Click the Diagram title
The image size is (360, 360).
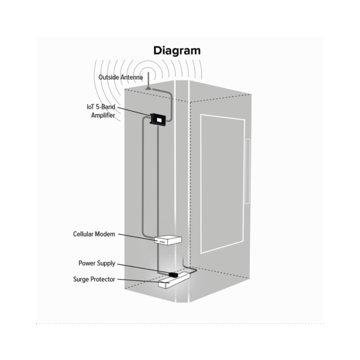coord(177,51)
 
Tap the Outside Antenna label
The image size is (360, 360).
coord(121,77)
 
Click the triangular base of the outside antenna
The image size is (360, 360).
coord(149,88)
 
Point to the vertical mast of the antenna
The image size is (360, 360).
coord(149,79)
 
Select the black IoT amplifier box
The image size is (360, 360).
coord(158,119)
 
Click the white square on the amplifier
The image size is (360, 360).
coord(159,119)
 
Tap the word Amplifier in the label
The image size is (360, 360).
coord(103,115)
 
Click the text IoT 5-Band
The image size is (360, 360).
coord(101,107)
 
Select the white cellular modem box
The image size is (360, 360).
coord(168,240)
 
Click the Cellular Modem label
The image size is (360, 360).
coord(94,234)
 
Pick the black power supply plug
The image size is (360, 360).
coord(173,274)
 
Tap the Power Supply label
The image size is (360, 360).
coord(97,263)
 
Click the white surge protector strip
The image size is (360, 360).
coord(174,280)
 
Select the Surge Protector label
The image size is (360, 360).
coord(94,280)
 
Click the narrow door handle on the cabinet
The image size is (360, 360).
coord(247,171)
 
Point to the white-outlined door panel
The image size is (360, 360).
coord(223,184)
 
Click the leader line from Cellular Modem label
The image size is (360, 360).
coord(137,238)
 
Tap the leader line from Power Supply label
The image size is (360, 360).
coord(143,269)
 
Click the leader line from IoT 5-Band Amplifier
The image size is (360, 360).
coord(134,112)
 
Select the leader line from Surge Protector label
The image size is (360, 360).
coord(143,281)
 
